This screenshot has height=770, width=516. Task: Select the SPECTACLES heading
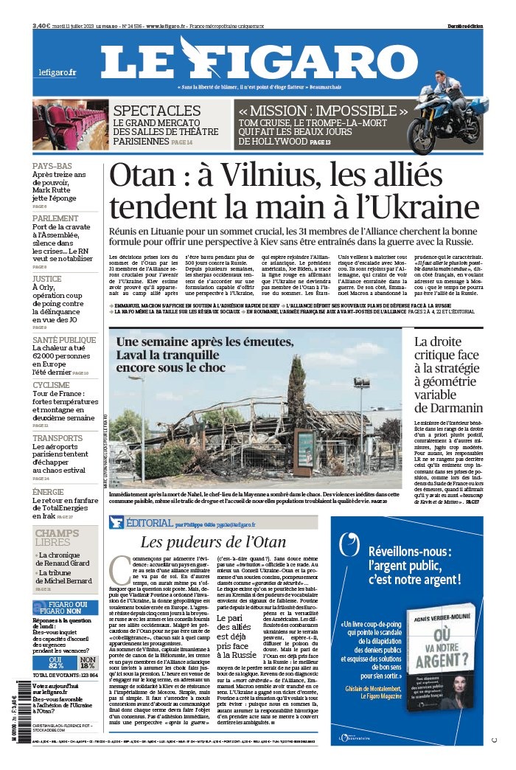pos(157,111)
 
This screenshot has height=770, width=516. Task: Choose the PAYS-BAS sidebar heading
pos(52,166)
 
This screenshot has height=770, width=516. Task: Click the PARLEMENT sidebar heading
pos(55,218)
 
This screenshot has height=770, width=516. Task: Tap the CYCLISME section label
pos(52,385)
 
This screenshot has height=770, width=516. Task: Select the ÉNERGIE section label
pos(48,491)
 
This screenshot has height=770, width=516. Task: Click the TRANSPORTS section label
pos(57,438)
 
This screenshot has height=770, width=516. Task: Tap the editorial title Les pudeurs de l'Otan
pos(213,543)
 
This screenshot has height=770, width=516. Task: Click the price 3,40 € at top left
pos(41,26)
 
